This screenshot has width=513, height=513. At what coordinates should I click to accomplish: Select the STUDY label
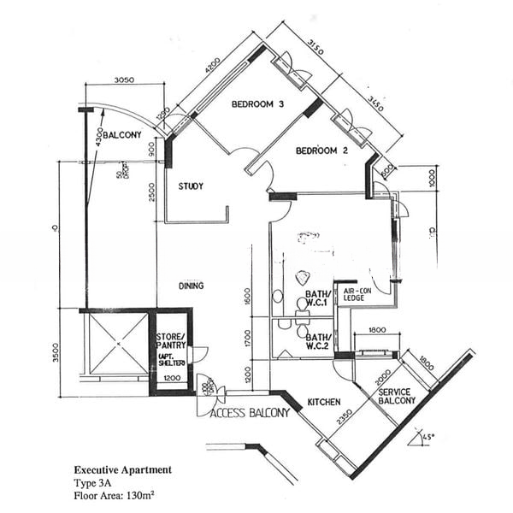[x=190, y=186]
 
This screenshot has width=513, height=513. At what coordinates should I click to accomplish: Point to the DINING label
[x=190, y=286]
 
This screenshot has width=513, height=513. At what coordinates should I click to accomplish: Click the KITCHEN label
[x=324, y=402]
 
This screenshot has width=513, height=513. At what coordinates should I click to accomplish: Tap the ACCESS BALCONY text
[x=250, y=412]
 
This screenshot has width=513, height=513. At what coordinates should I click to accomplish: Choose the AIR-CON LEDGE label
[x=355, y=294]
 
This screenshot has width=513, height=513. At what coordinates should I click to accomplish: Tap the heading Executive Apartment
[x=122, y=470]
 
